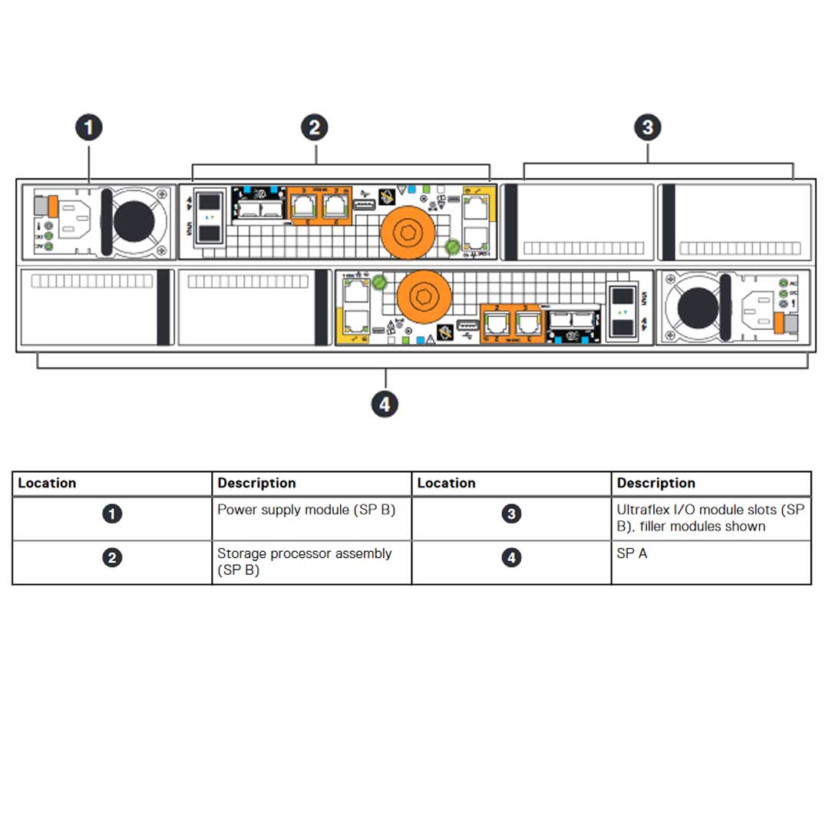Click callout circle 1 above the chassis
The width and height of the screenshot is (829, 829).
click(89, 127)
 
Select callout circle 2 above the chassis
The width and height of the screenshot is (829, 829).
click(314, 127)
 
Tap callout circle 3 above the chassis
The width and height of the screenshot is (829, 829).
click(648, 127)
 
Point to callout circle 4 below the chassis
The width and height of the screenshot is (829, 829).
click(385, 404)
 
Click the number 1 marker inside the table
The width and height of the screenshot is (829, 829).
click(112, 514)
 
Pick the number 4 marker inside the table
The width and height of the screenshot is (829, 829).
click(511, 558)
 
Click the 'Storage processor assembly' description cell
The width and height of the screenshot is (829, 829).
click(311, 562)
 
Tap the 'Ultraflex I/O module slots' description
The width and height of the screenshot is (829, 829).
click(710, 518)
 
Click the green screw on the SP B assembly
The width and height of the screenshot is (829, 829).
click(452, 246)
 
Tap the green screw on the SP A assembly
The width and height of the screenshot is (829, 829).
click(378, 283)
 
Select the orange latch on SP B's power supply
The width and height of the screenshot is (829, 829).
click(53, 206)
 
